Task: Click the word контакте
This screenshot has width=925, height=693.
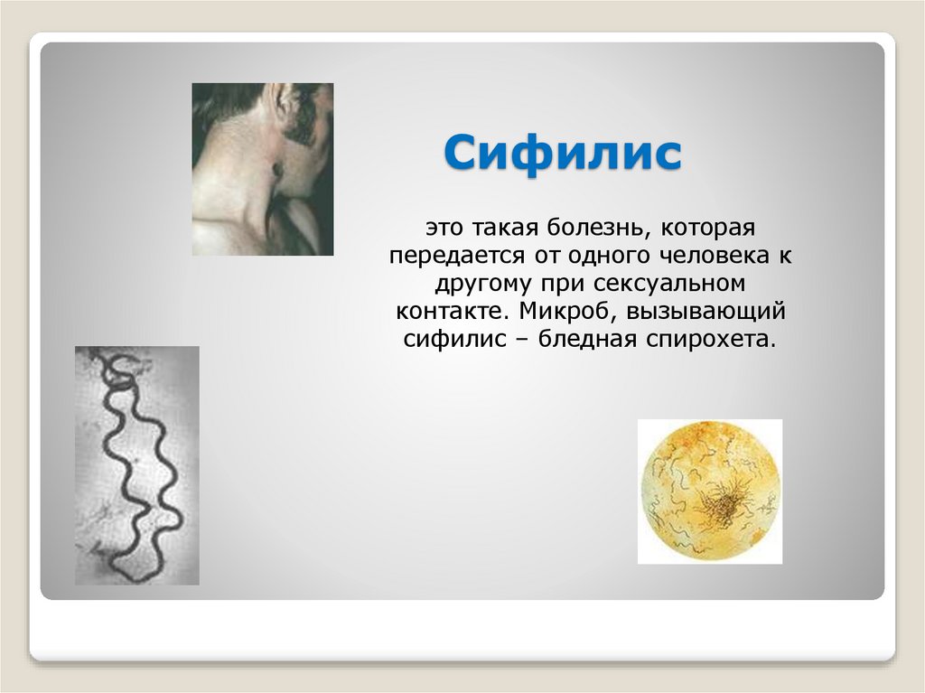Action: point(443,312)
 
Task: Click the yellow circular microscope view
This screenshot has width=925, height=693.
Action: point(709,491)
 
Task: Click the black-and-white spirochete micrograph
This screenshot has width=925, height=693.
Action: point(136,464)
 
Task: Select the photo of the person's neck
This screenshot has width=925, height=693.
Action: point(262,169)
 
